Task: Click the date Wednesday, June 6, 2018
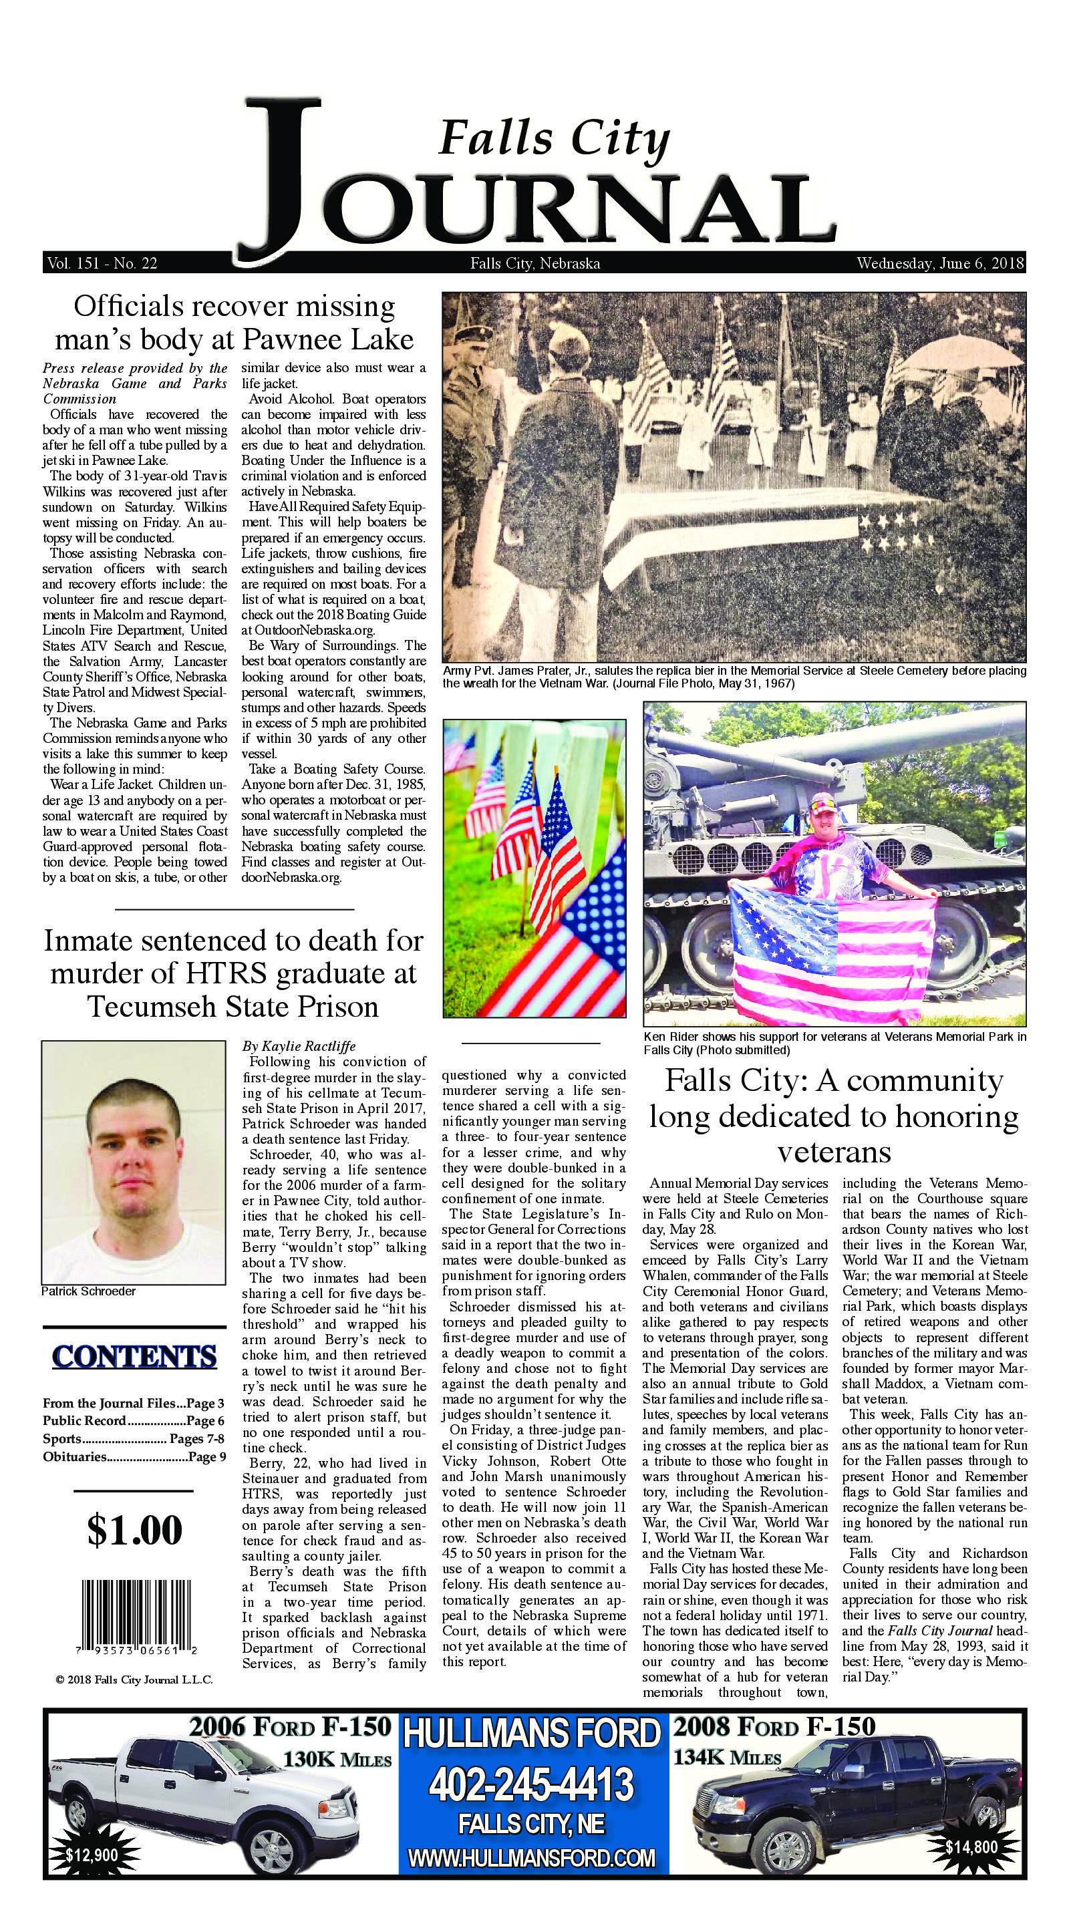pos(941,264)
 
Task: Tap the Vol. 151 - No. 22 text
pos(101,264)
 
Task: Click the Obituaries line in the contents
pos(134,1456)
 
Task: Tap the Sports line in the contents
pos(134,1438)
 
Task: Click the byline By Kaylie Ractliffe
pos(292,1046)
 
